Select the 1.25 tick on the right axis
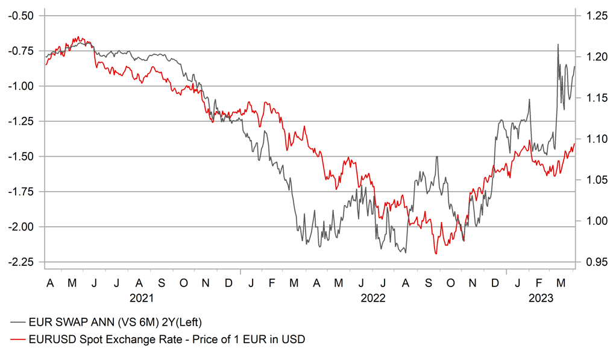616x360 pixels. point(593,16)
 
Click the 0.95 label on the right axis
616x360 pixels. point(593,262)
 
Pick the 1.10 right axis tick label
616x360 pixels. point(593,139)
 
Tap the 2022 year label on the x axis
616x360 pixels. point(373,298)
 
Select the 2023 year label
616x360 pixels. point(541,298)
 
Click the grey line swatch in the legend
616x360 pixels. point(18,323)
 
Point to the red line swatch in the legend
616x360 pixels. point(18,339)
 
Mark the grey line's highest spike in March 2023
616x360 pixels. point(558,44)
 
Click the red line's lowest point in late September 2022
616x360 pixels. point(436,254)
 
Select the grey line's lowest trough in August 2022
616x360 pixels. point(405,252)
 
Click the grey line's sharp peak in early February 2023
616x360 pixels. point(529,99)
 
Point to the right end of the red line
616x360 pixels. point(575,144)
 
